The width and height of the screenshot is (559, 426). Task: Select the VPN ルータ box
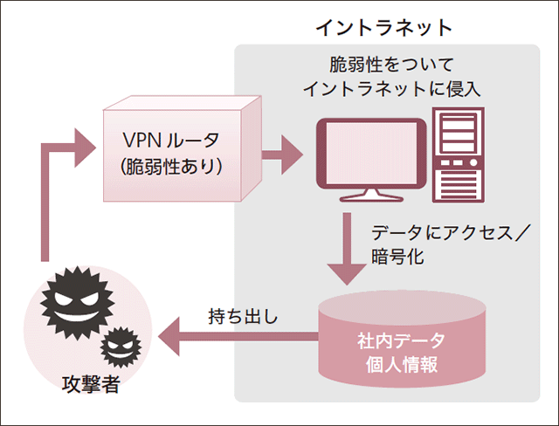pyautogui.click(x=180, y=154)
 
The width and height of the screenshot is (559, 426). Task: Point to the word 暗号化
pyautogui.click(x=397, y=258)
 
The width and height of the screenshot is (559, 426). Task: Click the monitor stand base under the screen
pyautogui.click(x=371, y=200)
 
